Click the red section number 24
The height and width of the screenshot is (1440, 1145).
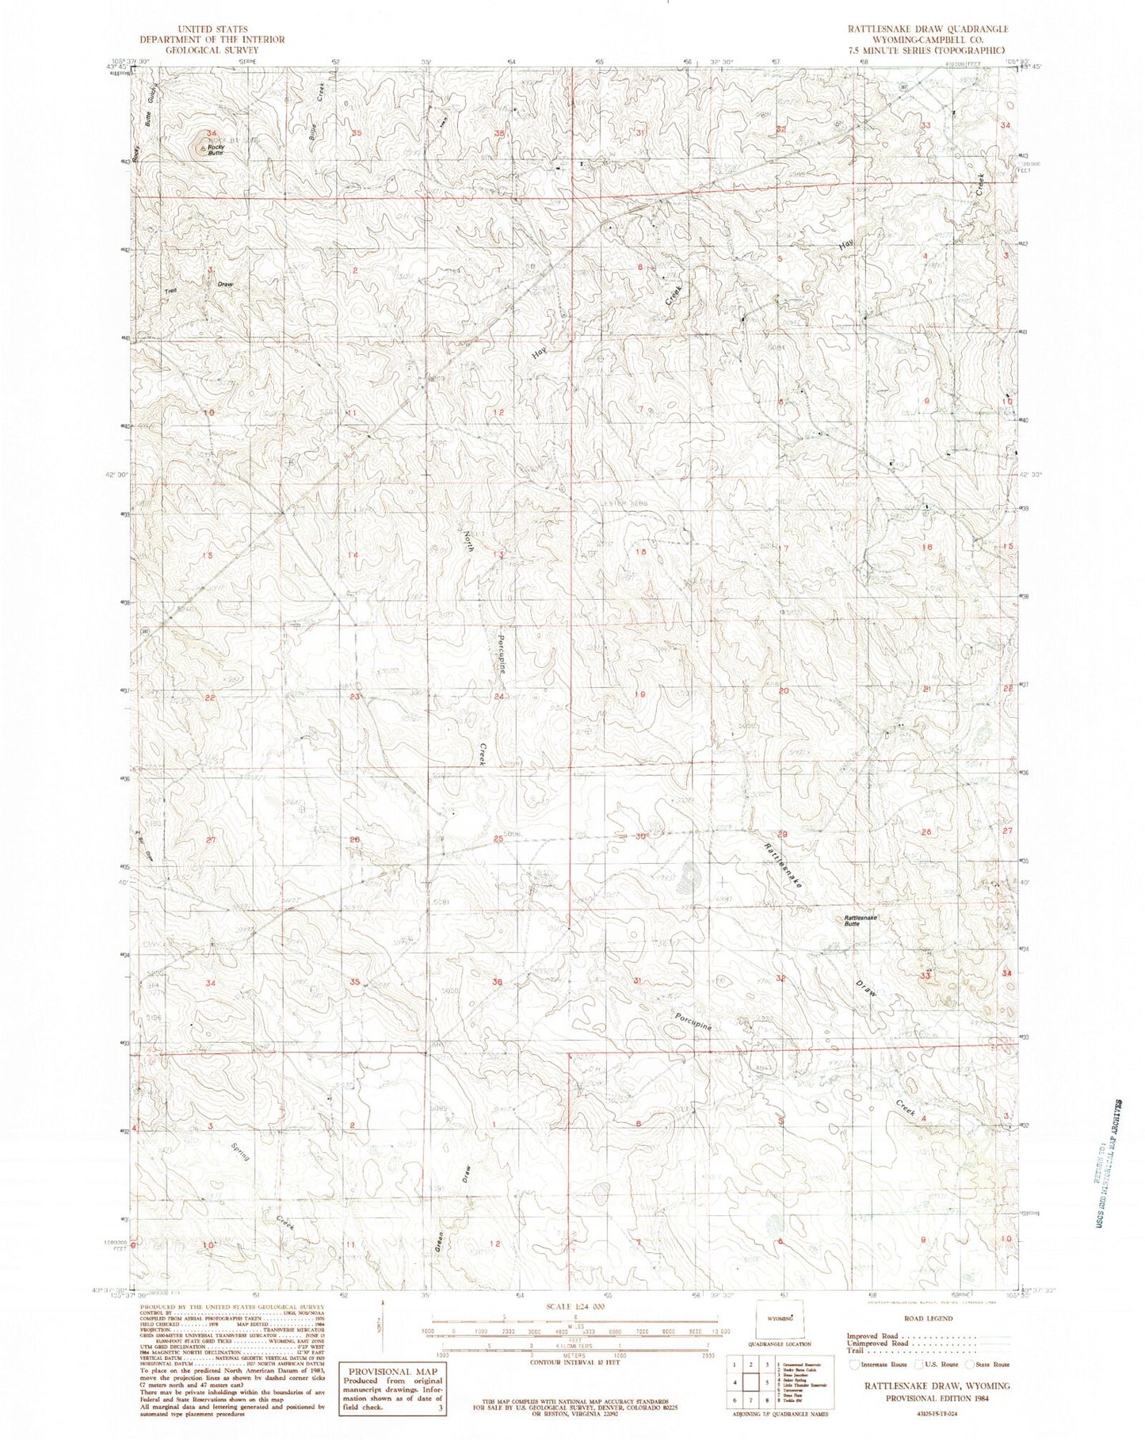click(x=498, y=697)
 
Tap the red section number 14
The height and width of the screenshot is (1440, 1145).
click(x=353, y=555)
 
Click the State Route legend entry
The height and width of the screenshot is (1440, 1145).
click(x=987, y=1365)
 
